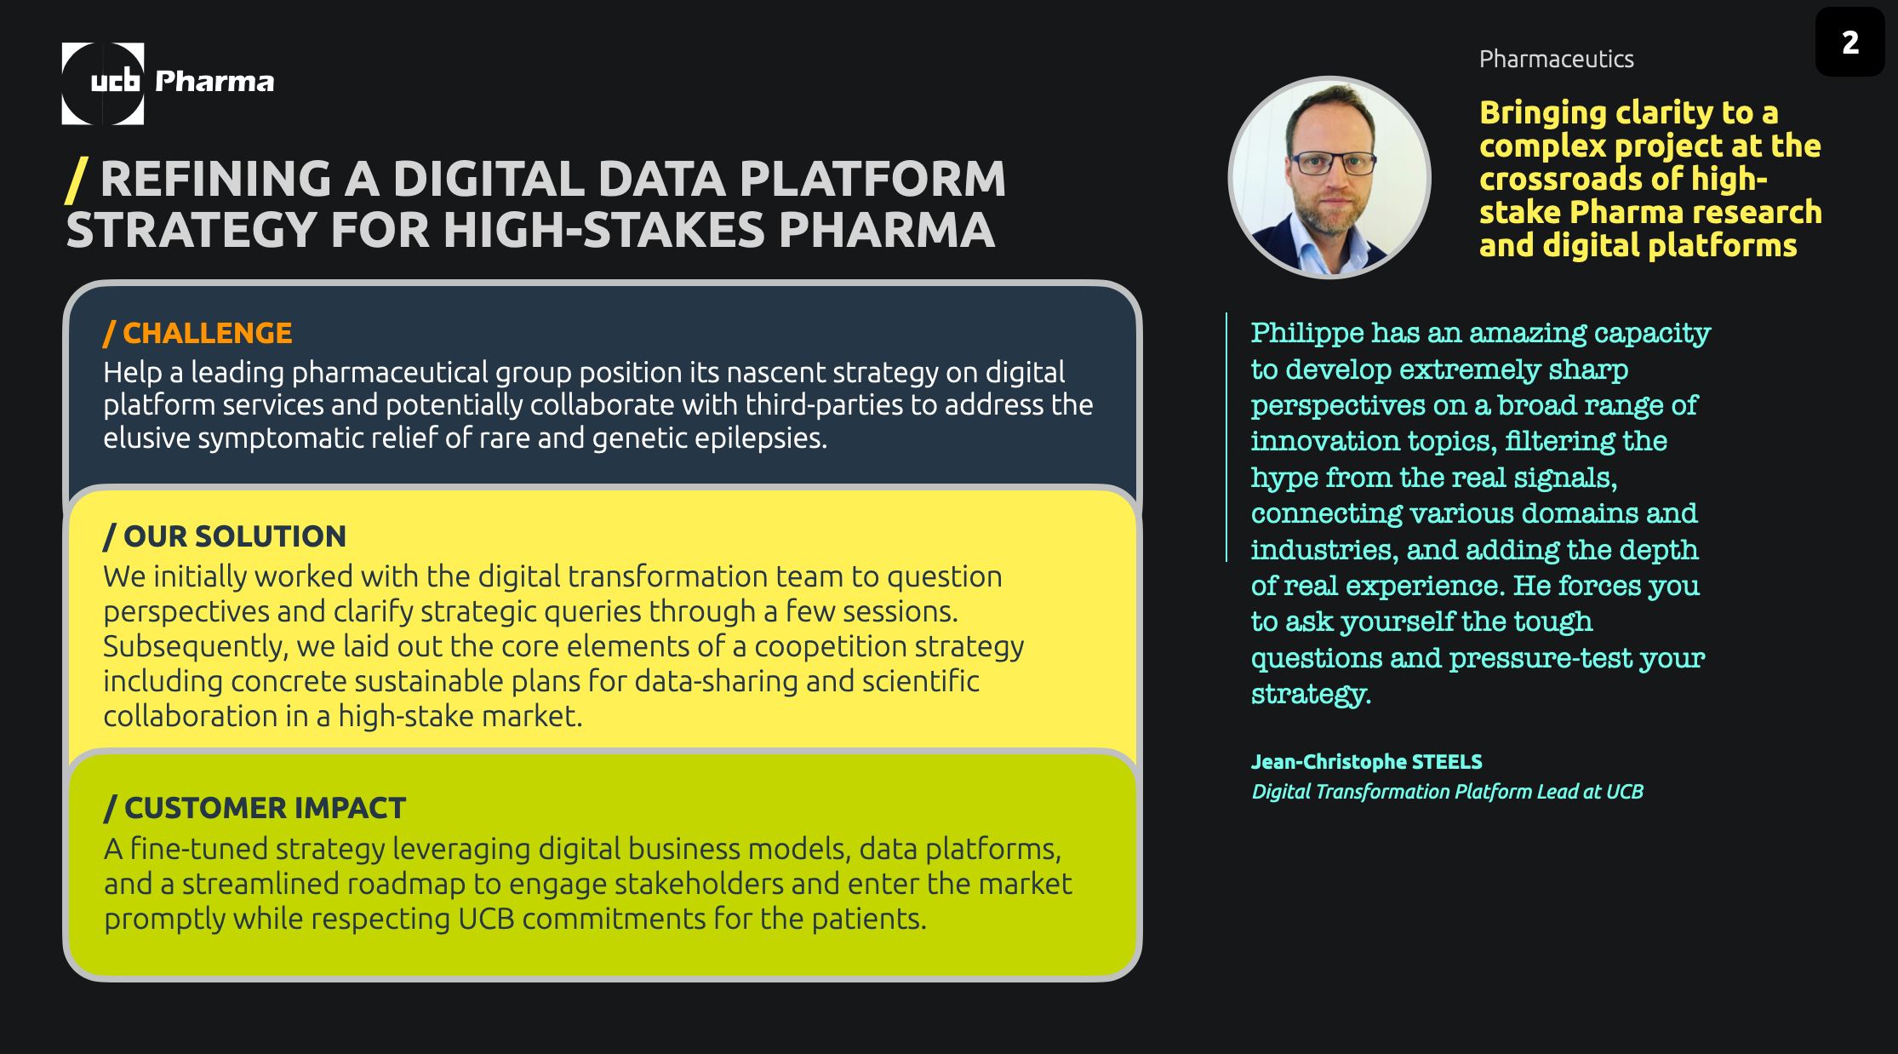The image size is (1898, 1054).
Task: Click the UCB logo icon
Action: pos(103,83)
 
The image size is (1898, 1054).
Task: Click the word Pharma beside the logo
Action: pos(214,81)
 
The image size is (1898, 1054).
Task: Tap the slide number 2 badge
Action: pos(1849,42)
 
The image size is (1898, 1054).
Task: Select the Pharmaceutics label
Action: pos(1556,59)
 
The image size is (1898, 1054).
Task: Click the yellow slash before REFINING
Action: pos(77,180)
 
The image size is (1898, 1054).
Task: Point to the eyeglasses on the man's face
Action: pos(1333,162)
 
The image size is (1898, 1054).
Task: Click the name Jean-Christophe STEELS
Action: pos(1366,762)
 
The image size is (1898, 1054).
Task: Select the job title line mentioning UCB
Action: pos(1447,792)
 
